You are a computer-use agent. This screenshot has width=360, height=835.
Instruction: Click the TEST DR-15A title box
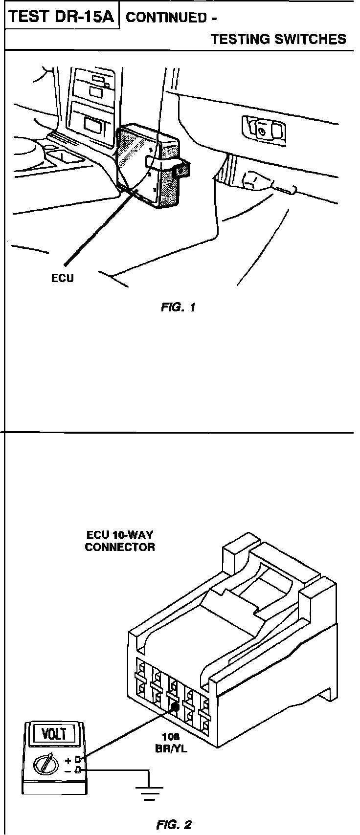(62, 17)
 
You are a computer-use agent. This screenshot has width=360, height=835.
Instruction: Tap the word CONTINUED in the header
(167, 18)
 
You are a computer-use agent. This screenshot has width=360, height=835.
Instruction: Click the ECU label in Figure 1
(63, 279)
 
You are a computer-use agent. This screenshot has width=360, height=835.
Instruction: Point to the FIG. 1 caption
(178, 308)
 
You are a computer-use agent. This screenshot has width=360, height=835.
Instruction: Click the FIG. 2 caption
(174, 825)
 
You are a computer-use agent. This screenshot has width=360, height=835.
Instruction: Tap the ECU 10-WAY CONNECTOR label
(119, 541)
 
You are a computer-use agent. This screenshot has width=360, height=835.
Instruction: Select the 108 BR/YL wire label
(174, 743)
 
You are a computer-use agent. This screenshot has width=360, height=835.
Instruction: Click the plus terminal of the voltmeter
(77, 760)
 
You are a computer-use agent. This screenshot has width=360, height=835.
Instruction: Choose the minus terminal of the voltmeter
(77, 770)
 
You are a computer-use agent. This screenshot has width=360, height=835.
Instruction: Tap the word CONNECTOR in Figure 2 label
(119, 547)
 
